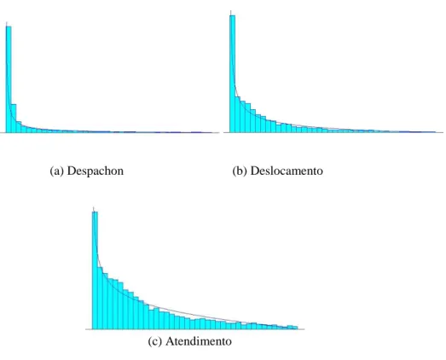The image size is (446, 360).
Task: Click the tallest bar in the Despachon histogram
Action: pyautogui.click(x=9, y=79)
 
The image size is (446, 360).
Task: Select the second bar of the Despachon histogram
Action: pyautogui.click(x=14, y=119)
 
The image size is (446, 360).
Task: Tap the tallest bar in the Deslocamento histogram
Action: pyautogui.click(x=233, y=74)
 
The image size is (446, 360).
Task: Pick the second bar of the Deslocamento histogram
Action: pyautogui.click(x=238, y=114)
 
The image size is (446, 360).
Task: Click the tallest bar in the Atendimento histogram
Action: pyautogui.click(x=95, y=270)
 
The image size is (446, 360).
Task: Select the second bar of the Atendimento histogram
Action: pyautogui.click(x=100, y=299)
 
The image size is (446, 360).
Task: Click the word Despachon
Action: pyautogui.click(x=96, y=171)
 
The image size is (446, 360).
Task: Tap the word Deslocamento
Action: pyautogui.click(x=287, y=171)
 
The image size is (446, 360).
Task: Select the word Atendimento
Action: pyautogui.click(x=199, y=341)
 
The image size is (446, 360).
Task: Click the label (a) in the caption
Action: pyautogui.click(x=57, y=171)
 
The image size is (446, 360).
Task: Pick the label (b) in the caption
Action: pyautogui.click(x=240, y=171)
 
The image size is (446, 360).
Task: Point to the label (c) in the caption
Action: pyautogui.click(x=154, y=341)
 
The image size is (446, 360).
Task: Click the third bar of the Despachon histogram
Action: pyautogui.click(x=19, y=127)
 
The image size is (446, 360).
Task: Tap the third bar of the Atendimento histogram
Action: pyautogui.click(x=105, y=301)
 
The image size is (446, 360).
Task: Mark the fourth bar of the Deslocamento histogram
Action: pyautogui.click(x=248, y=118)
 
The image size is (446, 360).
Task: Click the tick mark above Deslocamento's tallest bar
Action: pyautogui.click(x=231, y=13)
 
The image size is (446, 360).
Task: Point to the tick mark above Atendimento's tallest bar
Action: pyautogui.click(x=93, y=209)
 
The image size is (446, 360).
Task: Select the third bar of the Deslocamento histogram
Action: pyautogui.click(x=243, y=116)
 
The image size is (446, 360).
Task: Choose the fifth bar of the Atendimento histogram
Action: pyautogui.click(x=115, y=305)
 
